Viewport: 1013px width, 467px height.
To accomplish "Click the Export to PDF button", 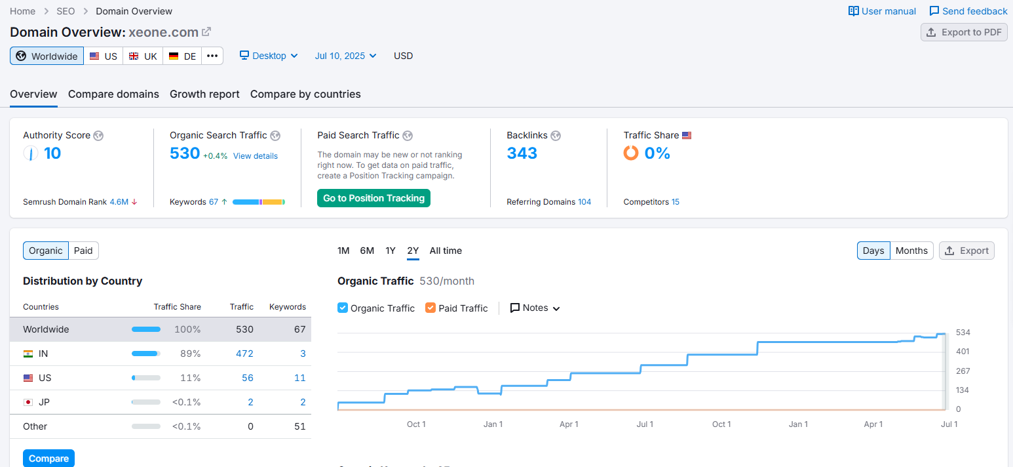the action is (964, 32).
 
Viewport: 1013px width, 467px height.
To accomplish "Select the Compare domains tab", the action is (113, 94).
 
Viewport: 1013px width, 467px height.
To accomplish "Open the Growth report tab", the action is (204, 94).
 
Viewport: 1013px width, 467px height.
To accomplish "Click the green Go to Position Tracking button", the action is (373, 198).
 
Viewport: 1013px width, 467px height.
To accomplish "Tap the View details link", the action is (256, 155).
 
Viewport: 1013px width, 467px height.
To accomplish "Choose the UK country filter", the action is (143, 56).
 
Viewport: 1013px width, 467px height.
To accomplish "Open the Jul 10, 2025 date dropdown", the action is (345, 56).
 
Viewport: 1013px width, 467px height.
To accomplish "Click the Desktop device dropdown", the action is (269, 56).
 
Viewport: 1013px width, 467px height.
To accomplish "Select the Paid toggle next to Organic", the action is (83, 251).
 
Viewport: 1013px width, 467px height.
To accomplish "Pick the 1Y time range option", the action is (391, 251).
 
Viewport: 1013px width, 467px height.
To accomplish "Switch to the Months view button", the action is (911, 251).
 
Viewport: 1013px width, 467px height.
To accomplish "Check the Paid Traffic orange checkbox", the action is (430, 308).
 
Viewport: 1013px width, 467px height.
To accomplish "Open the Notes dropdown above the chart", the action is (535, 308).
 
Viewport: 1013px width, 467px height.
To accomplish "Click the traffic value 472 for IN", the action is (244, 354).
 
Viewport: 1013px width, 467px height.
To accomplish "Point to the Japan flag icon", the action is (28, 402).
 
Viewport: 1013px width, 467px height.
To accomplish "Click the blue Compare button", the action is (49, 458).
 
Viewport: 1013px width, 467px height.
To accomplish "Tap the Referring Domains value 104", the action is (584, 202).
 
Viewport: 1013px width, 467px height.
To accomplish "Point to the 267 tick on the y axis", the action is (963, 371).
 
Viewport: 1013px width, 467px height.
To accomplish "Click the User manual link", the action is (882, 11).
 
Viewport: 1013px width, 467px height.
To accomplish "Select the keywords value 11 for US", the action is (300, 378).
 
